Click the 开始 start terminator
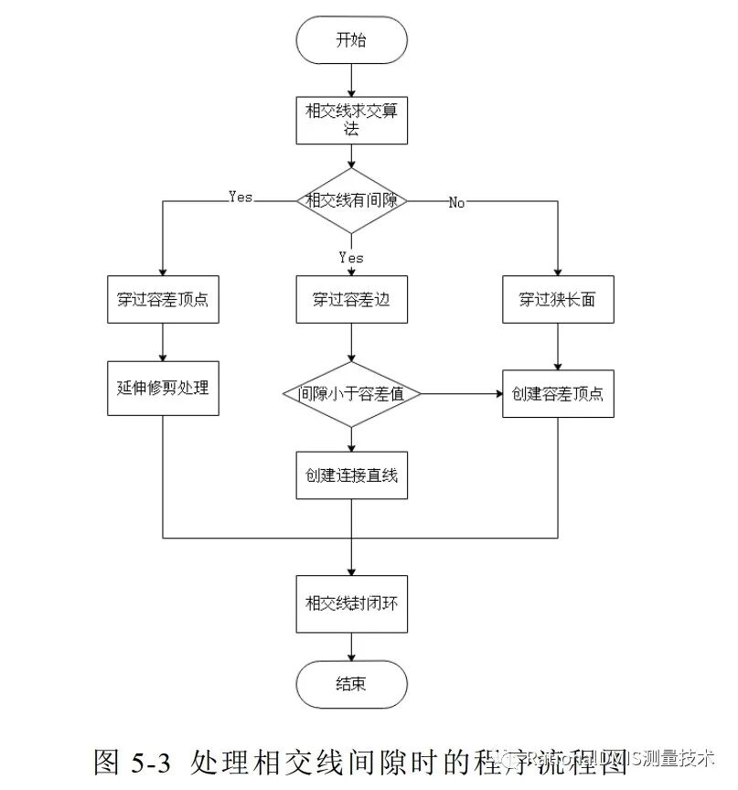(351, 42)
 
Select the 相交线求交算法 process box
(351, 120)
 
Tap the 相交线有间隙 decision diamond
(351, 200)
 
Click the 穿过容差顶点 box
(163, 299)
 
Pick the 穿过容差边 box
(351, 299)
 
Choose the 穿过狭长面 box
(558, 299)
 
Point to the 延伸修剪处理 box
(163, 388)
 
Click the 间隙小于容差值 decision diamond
(351, 394)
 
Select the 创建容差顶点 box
(558, 394)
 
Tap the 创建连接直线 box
(351, 475)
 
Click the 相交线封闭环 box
(351, 603)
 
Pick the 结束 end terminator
(351, 684)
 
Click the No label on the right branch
(456, 203)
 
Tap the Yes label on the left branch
(240, 197)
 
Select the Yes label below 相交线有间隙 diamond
(351, 257)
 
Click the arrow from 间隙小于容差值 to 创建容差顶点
(462, 394)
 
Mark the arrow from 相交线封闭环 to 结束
(351, 647)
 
